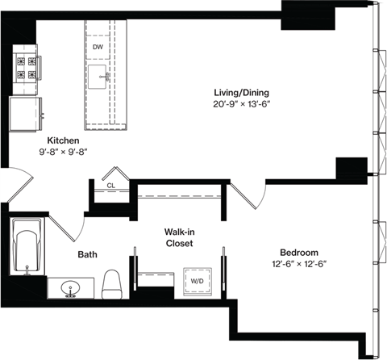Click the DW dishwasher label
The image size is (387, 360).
[98, 48]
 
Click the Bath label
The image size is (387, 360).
[87, 255]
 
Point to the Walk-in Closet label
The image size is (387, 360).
[180, 237]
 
